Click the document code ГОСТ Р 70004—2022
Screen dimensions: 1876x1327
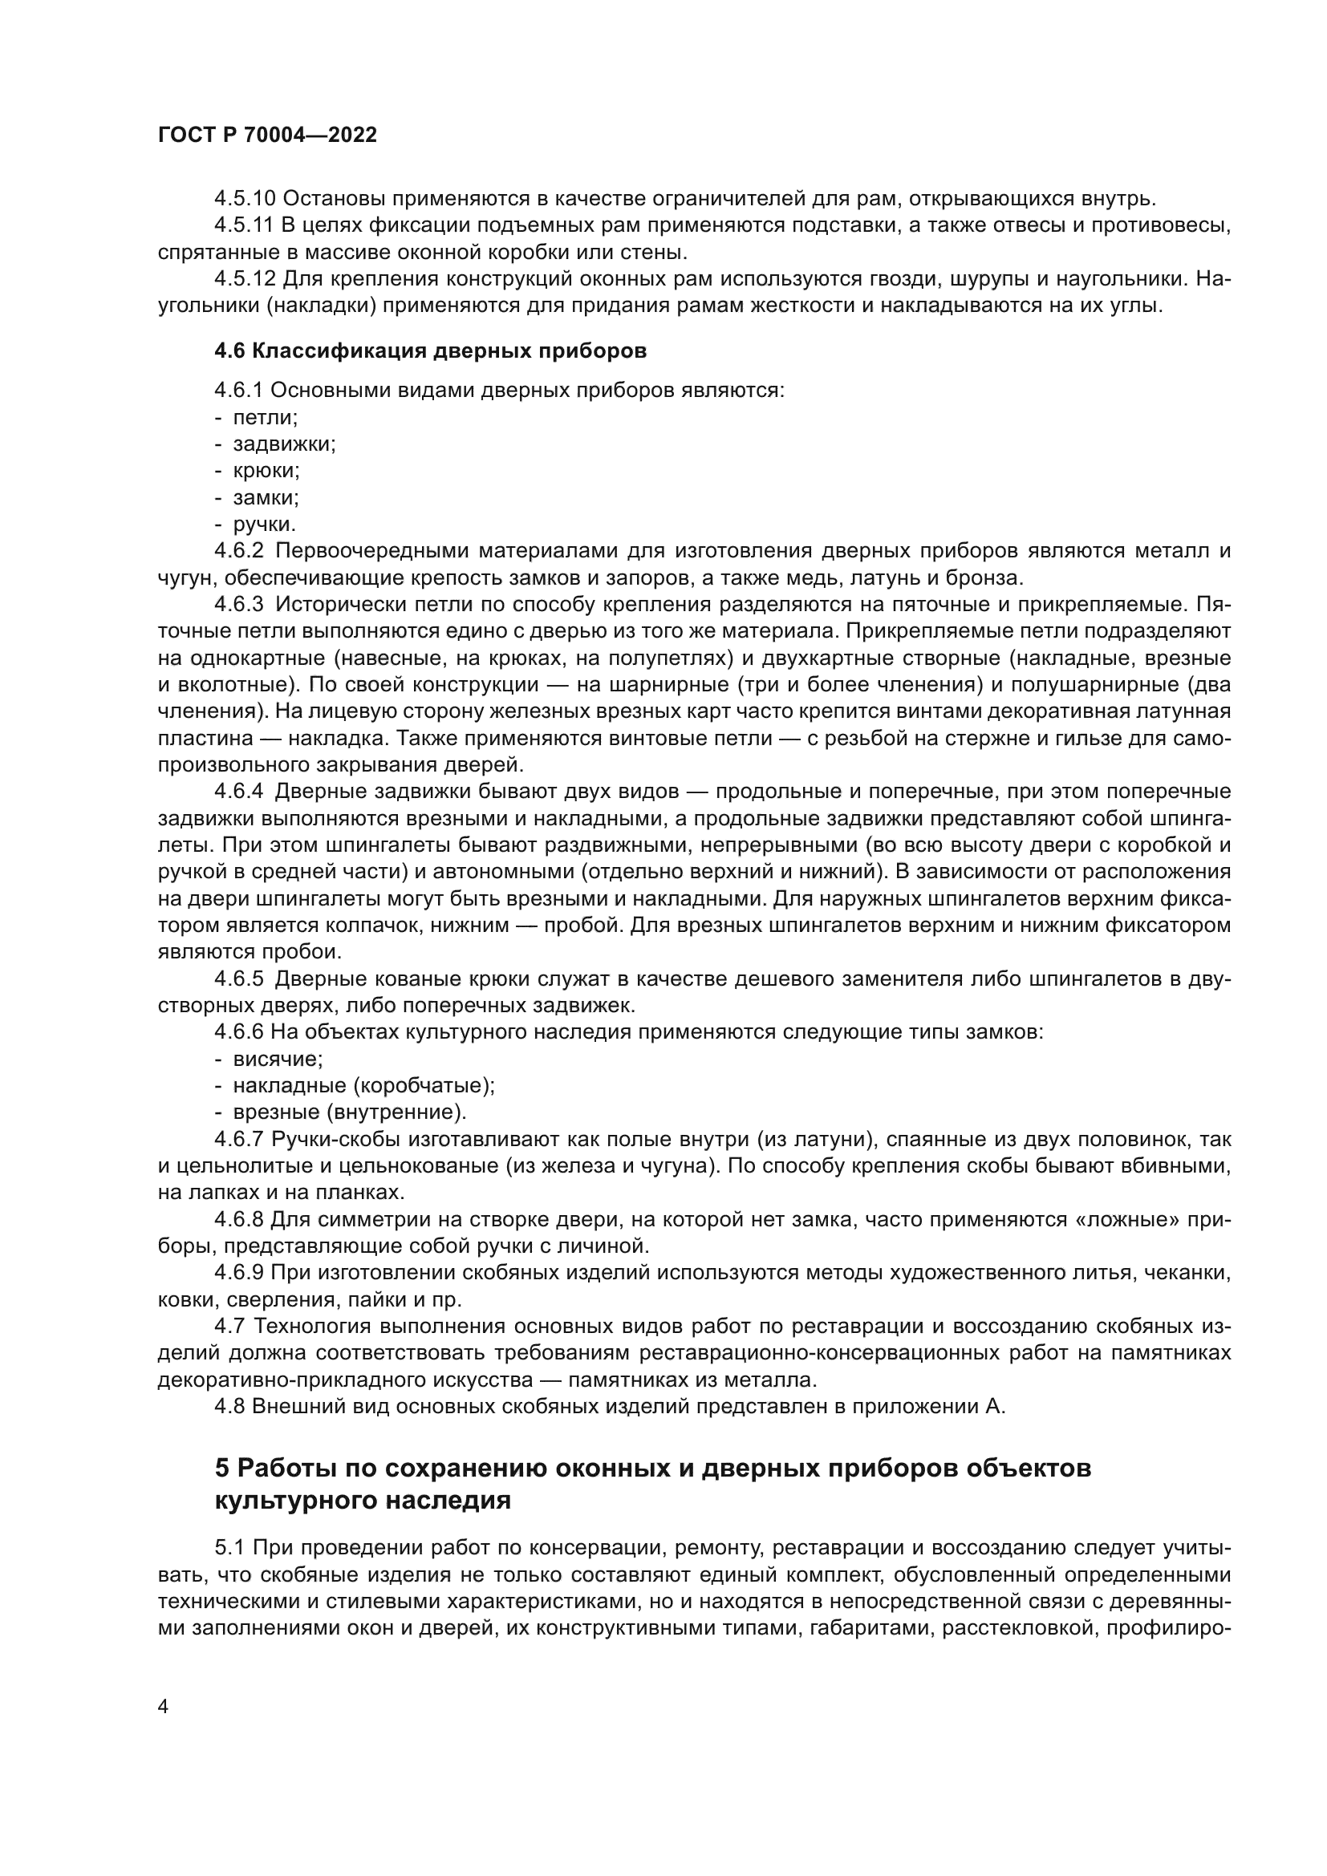[x=267, y=136]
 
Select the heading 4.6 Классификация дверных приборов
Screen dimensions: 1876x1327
[x=431, y=351]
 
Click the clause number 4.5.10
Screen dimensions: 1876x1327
[x=246, y=199]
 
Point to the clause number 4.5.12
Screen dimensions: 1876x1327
[x=246, y=279]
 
